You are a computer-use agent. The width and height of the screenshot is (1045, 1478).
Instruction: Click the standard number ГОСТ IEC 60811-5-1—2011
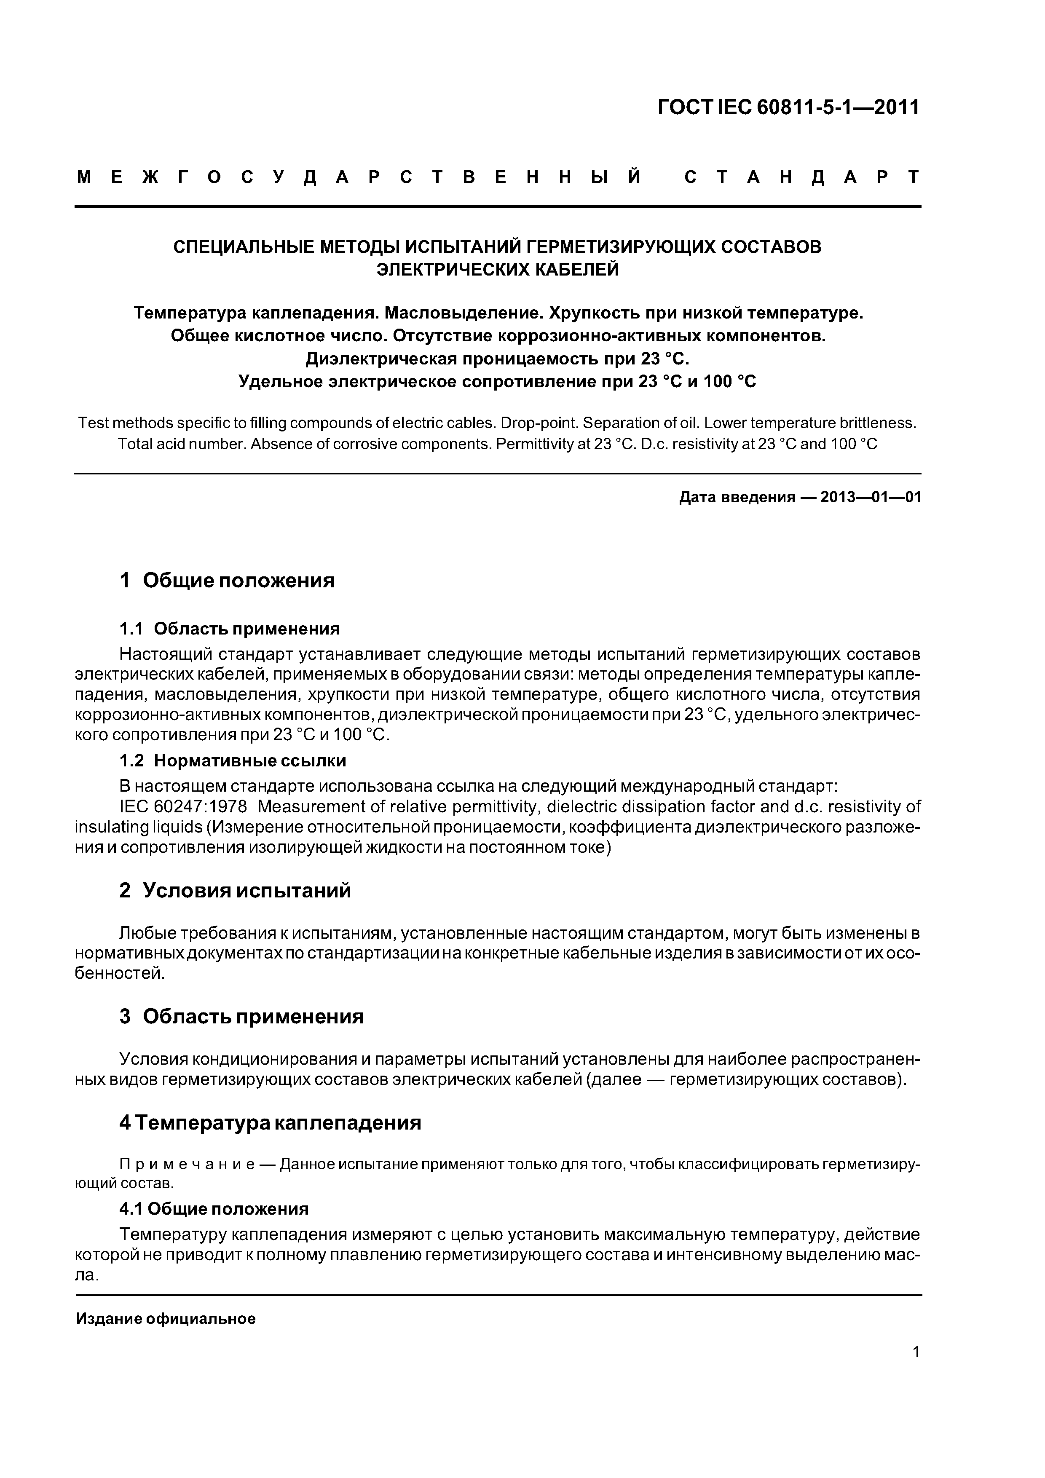click(789, 107)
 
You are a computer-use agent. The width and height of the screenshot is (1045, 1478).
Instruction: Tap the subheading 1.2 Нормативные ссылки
click(233, 761)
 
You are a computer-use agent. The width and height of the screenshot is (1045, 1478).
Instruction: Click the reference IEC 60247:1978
click(183, 807)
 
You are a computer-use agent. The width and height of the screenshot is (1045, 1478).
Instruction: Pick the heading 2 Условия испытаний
click(235, 891)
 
